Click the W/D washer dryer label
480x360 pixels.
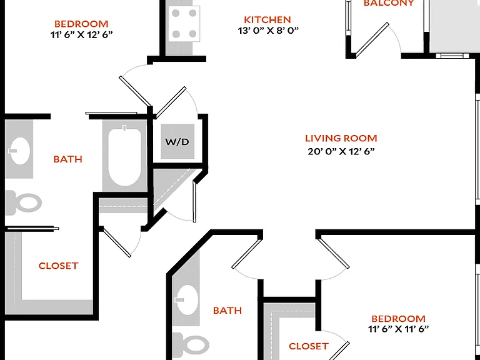177,142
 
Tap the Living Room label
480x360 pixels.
341,138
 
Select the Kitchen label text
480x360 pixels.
267,20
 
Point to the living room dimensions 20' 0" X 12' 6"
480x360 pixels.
341,151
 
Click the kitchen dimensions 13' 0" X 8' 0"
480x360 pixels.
268,31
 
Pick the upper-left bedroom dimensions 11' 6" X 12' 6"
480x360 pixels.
81,34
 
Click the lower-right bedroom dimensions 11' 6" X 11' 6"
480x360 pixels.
398,329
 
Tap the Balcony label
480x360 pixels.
389,3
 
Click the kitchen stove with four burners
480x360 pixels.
184,24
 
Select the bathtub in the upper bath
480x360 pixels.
125,157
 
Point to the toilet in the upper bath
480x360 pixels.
24,202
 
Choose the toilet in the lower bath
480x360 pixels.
191,344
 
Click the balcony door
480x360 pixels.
372,40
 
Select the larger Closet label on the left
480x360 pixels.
58,266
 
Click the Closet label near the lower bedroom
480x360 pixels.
309,346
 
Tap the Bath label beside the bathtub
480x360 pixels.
67,159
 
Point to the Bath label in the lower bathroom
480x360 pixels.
227,311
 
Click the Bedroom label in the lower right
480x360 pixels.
398,319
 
